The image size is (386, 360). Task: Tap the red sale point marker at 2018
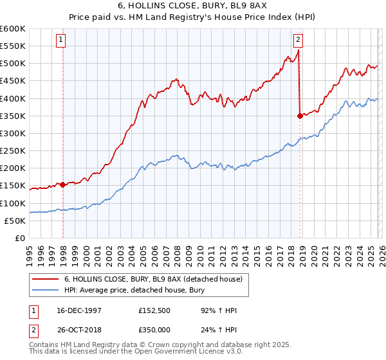[x=300, y=116]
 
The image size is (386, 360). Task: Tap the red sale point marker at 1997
[x=63, y=185]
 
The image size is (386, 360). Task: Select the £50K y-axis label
[x=15, y=221]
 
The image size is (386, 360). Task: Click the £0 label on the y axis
[x=19, y=238]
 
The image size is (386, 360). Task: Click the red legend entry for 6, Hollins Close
[x=153, y=279]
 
